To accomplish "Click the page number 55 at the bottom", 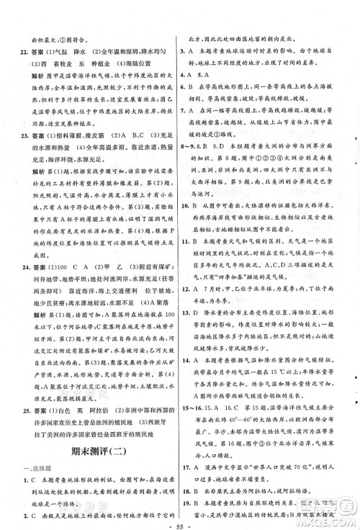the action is tap(180, 518).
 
